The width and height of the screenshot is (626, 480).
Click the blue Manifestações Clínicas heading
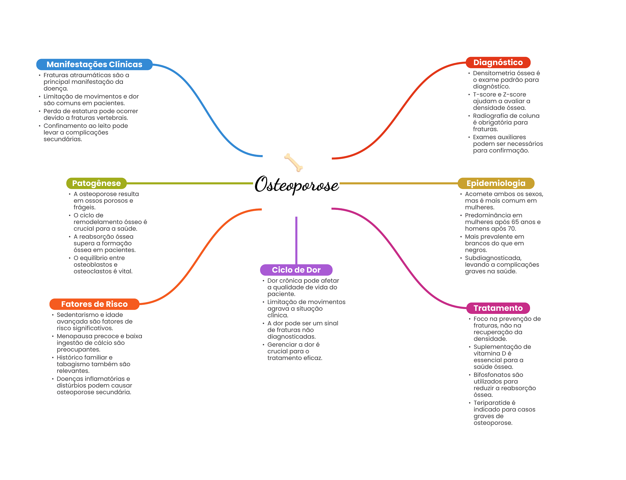[94, 65]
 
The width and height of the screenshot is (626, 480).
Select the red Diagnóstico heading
[498, 62]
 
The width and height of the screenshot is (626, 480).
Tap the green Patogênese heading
[96, 183]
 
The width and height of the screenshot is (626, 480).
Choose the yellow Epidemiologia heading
[496, 183]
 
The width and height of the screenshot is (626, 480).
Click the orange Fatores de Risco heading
[94, 304]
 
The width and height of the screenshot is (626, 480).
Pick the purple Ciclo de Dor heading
[296, 270]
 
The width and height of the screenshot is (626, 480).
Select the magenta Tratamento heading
[498, 308]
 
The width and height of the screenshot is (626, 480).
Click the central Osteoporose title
[296, 185]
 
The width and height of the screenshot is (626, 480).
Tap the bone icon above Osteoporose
[293, 162]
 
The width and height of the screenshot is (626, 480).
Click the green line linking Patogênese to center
[190, 183]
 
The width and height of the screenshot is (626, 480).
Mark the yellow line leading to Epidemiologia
[397, 183]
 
